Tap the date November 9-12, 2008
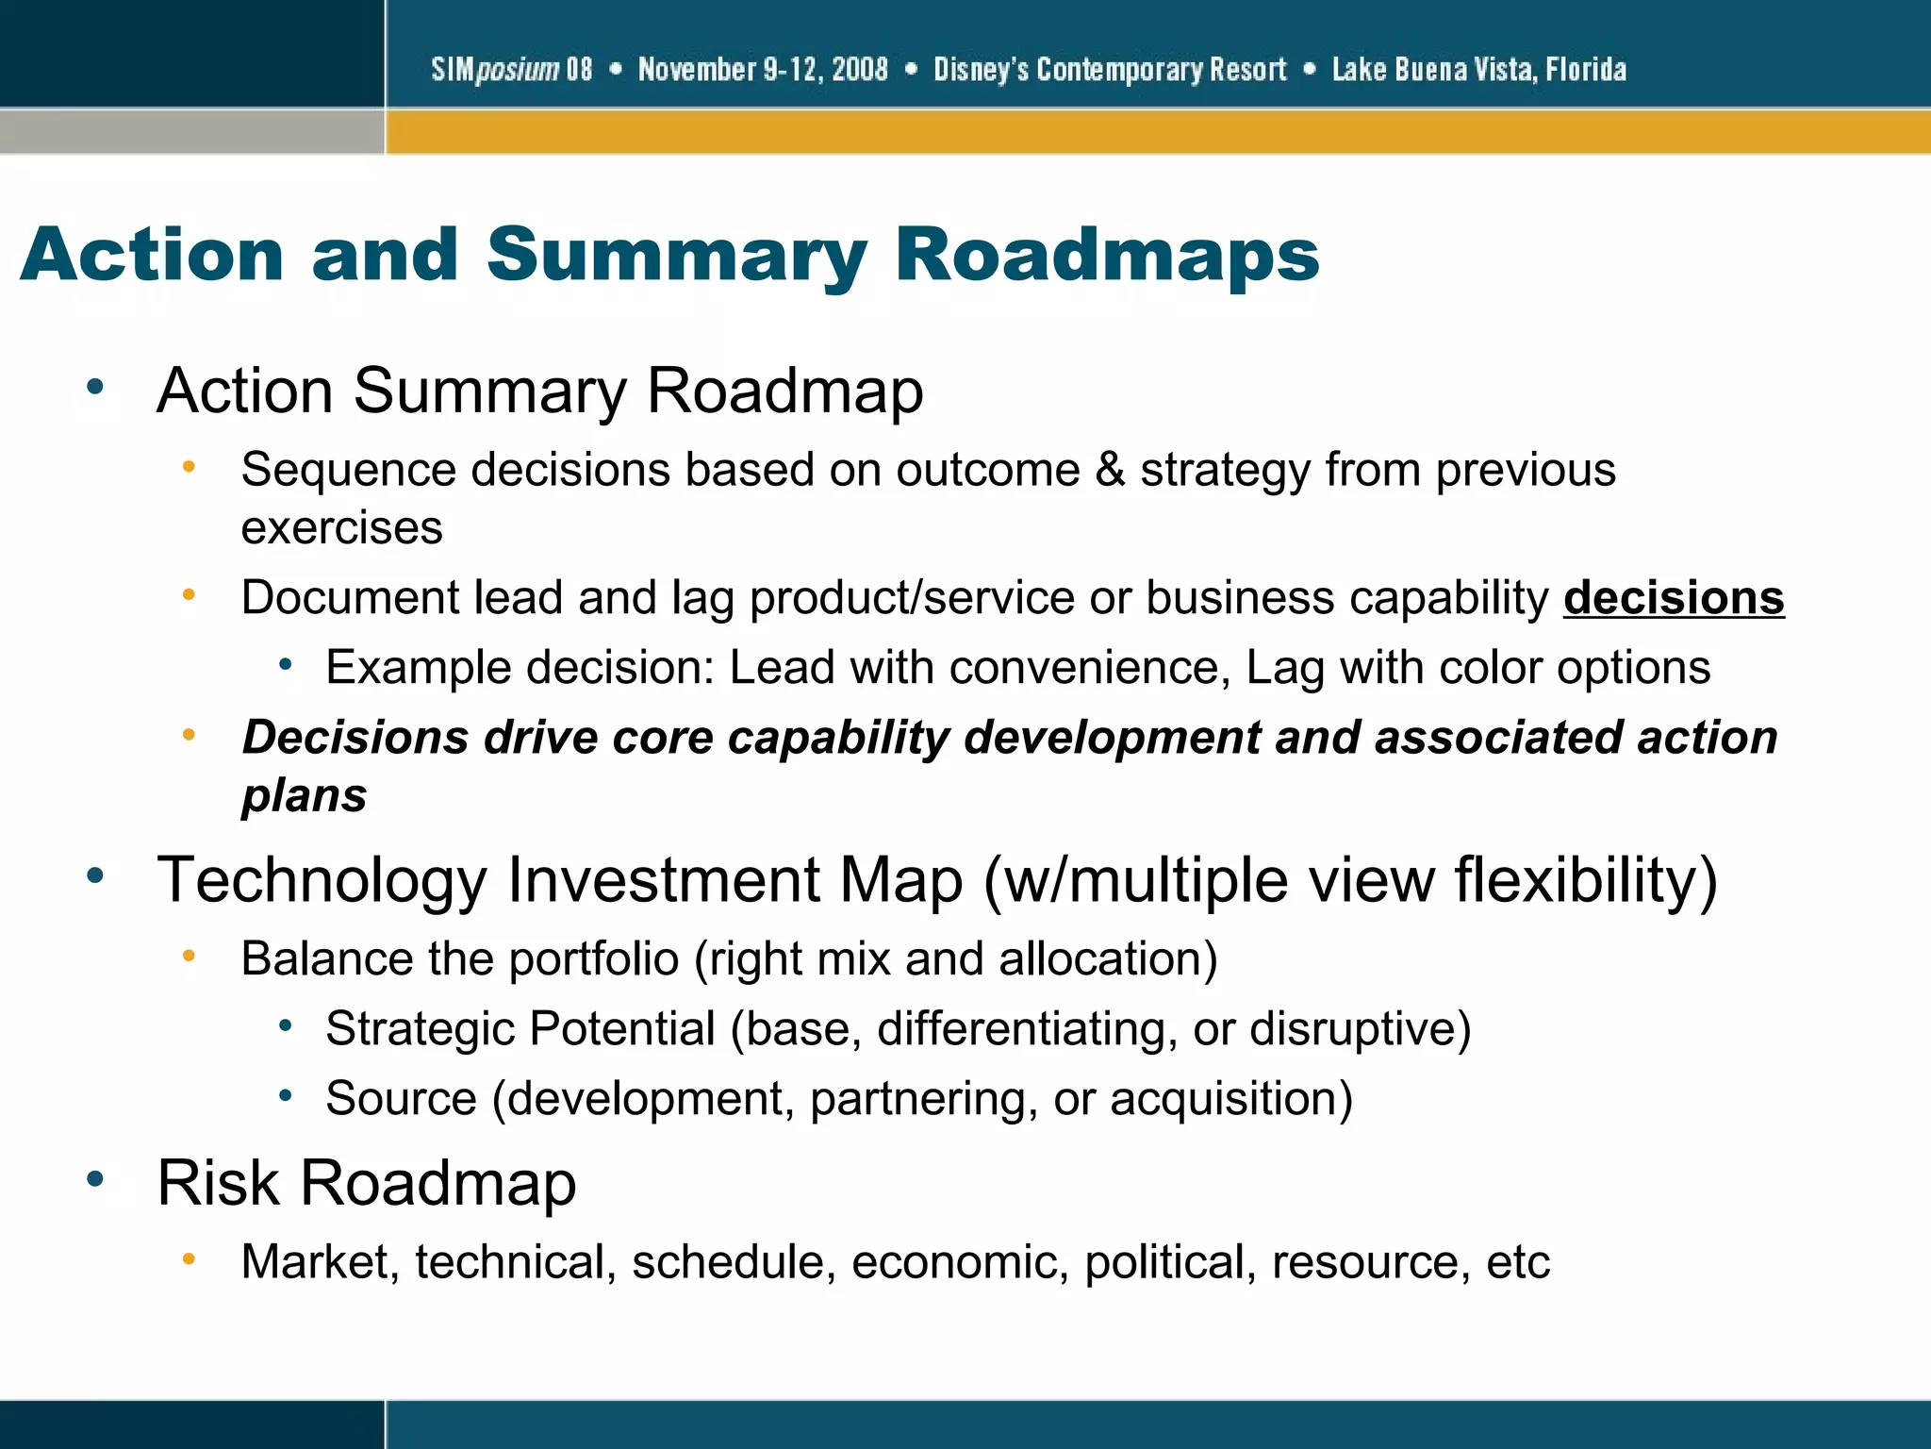pyautogui.click(x=763, y=70)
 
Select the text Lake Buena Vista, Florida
pyautogui.click(x=1478, y=70)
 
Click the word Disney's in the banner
pyautogui.click(x=981, y=70)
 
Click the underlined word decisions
pyautogui.click(x=1673, y=598)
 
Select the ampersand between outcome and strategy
pyautogui.click(x=1110, y=470)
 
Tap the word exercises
pyautogui.click(x=341, y=528)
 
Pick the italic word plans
pyautogui.click(x=304, y=795)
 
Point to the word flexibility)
pyautogui.click(x=1585, y=880)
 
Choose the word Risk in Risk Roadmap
pyautogui.click(x=218, y=1183)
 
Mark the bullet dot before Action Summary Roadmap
pyautogui.click(x=94, y=387)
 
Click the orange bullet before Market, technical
pyautogui.click(x=189, y=1258)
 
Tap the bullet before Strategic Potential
pyautogui.click(x=285, y=1025)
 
